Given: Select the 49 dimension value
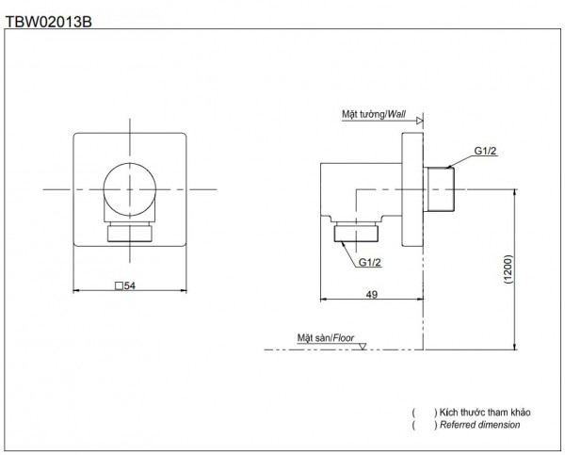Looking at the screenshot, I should tap(371, 295).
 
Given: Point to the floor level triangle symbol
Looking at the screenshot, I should tap(363, 346).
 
